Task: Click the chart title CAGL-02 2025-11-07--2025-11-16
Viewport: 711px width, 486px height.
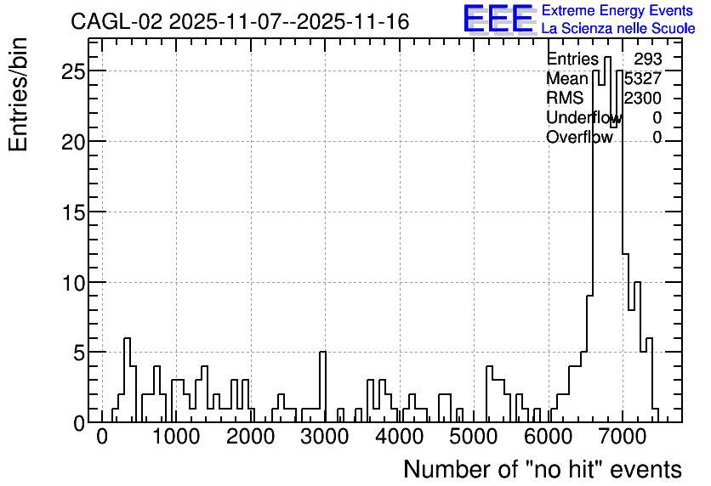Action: pos(240,22)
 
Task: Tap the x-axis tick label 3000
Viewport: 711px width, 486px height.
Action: pos(325,438)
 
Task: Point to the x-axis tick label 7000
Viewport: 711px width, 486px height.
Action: pos(623,438)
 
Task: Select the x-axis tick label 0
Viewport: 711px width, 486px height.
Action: pos(102,438)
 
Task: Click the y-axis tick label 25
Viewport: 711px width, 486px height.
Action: pos(73,71)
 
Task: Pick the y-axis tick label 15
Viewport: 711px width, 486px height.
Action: pos(73,212)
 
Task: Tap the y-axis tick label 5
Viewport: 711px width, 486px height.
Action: pos(79,353)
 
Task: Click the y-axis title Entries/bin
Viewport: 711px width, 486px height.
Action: pos(18,95)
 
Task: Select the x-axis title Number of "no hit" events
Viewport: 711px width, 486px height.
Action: pos(543,469)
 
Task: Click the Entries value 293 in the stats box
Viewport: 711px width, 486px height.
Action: pos(648,59)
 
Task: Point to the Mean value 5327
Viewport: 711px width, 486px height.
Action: pos(642,79)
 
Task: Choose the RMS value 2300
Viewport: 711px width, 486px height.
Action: pos(642,99)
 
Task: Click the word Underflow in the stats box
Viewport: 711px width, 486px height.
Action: pos(584,118)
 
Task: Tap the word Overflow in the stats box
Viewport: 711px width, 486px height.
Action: pos(579,138)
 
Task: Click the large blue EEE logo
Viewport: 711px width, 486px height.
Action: pos(498,19)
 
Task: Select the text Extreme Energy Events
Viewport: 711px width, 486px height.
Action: pos(617,10)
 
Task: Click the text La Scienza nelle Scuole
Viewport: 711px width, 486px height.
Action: pos(618,29)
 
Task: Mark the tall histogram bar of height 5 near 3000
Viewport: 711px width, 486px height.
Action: pos(323,387)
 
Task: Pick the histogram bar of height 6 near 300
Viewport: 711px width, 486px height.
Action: pos(127,380)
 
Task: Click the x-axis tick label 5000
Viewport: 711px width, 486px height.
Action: pos(474,438)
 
